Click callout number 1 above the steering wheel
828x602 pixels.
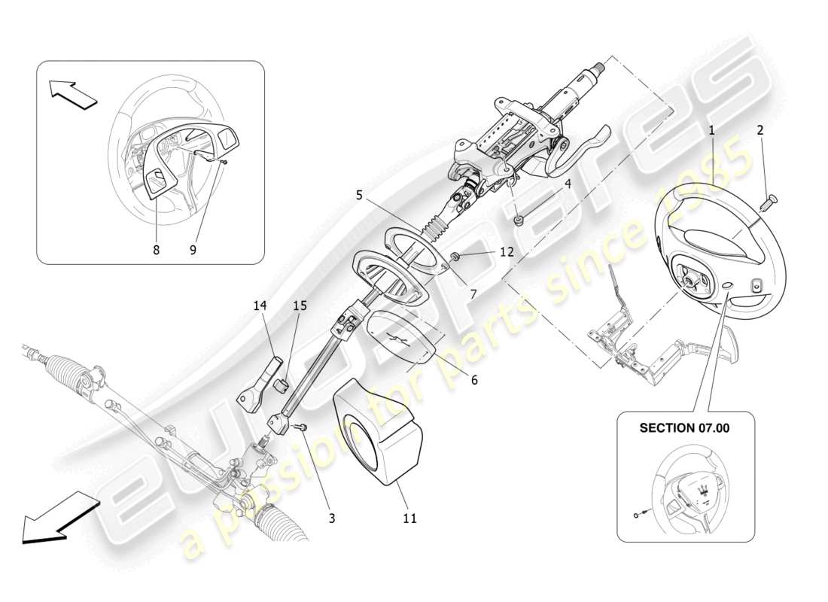click(x=711, y=130)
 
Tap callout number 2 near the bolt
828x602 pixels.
click(x=760, y=130)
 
